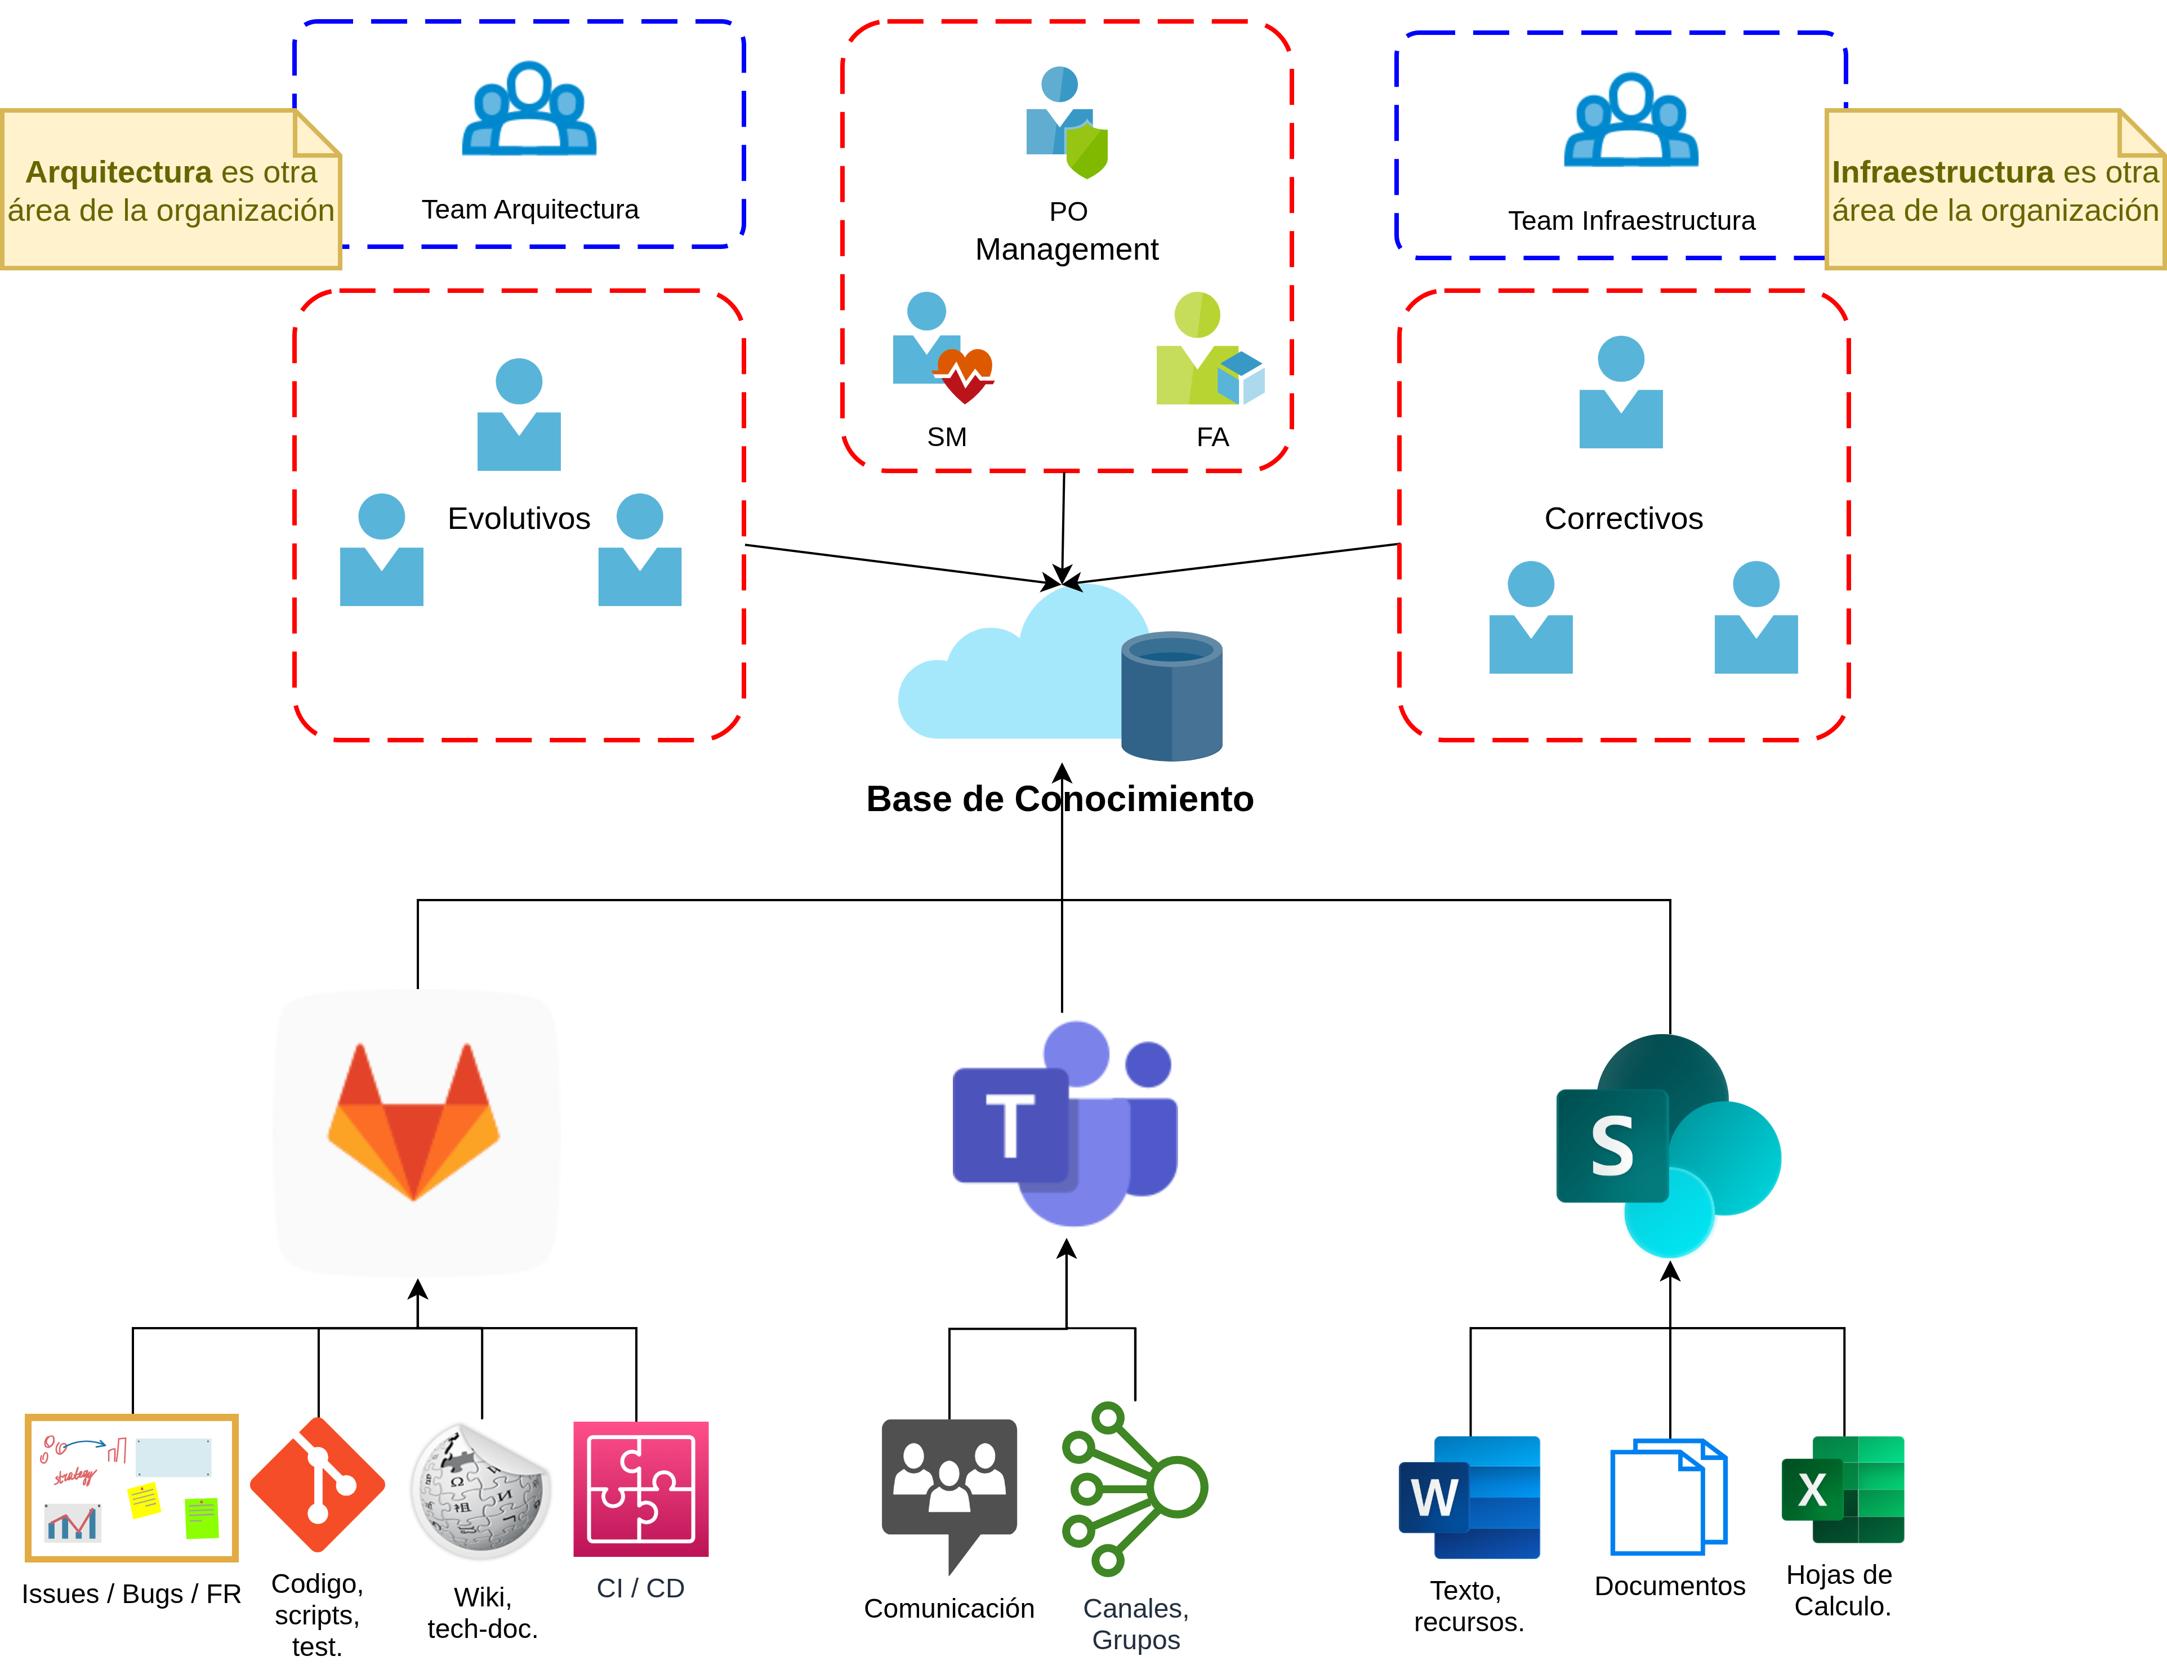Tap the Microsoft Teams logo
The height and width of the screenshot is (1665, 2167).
[x=1065, y=1125]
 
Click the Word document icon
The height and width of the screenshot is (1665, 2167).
[x=1469, y=1497]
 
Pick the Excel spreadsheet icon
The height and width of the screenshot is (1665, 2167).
[x=1843, y=1490]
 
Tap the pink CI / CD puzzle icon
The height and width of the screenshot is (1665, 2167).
[x=641, y=1489]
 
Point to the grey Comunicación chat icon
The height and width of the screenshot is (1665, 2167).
[x=949, y=1486]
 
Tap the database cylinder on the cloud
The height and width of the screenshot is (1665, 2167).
[x=1171, y=696]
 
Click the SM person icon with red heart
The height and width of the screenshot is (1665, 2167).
[x=942, y=347]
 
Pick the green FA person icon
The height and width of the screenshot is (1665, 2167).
[x=1209, y=348]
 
